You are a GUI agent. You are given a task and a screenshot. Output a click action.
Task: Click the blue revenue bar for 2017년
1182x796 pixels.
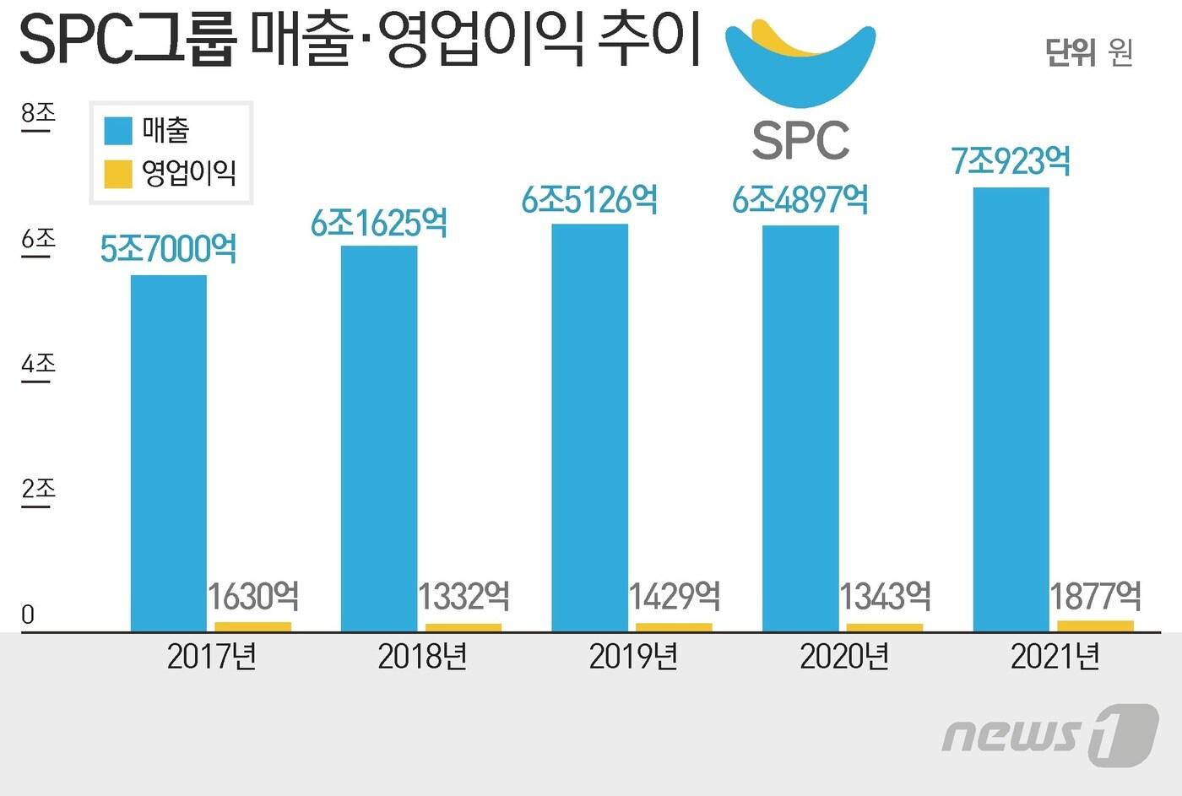(168, 453)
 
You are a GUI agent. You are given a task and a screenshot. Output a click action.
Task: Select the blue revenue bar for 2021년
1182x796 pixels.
(1011, 409)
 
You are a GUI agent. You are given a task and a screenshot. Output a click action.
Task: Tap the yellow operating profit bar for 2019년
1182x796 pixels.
(674, 627)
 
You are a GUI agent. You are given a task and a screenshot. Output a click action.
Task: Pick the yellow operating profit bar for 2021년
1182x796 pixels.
(1095, 625)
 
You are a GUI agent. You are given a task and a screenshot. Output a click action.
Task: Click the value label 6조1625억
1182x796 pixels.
(379, 224)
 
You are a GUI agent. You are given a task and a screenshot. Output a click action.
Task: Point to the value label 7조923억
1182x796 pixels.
(1011, 161)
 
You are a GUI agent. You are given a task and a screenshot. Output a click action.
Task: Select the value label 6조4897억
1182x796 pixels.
(800, 200)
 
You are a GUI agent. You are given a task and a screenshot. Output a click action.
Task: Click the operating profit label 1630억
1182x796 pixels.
(253, 597)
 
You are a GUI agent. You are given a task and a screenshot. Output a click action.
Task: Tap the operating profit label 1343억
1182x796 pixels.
(885, 597)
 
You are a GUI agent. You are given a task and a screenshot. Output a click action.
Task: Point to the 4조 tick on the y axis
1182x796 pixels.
(38, 365)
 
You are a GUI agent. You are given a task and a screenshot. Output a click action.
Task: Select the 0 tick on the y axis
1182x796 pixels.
(28, 615)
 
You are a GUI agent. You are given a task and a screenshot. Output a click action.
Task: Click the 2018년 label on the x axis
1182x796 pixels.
(422, 657)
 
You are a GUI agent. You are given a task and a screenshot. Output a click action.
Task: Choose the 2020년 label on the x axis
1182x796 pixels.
(844, 657)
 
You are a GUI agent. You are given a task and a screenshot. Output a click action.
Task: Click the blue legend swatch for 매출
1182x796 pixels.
(118, 131)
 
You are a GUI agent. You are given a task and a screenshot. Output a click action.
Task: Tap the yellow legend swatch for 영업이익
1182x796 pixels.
(118, 173)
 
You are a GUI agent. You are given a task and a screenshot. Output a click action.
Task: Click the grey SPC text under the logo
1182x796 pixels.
(800, 141)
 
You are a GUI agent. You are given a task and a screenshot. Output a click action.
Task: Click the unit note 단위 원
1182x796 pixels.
(1088, 52)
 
